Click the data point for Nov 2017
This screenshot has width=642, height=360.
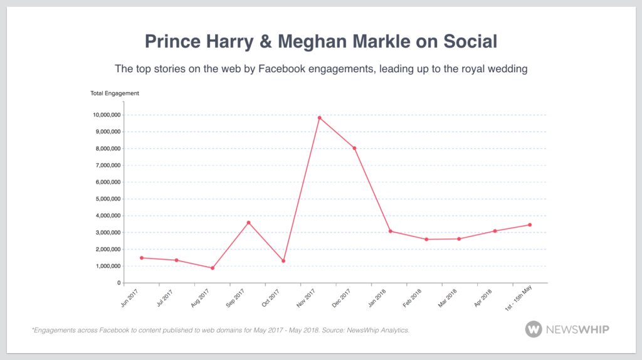(x=319, y=117)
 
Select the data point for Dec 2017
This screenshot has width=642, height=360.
(x=355, y=148)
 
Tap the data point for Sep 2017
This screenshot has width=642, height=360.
(x=248, y=223)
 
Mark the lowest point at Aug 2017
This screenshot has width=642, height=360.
(x=213, y=268)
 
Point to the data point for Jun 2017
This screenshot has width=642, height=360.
(x=142, y=258)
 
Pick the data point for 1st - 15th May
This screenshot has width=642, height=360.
(x=530, y=225)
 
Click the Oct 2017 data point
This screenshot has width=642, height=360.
(x=283, y=261)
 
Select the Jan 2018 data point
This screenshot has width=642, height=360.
(x=390, y=231)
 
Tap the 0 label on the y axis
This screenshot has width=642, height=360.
(x=118, y=283)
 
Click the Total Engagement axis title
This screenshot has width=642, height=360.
(x=115, y=93)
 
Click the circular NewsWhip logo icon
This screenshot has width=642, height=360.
(x=534, y=329)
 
